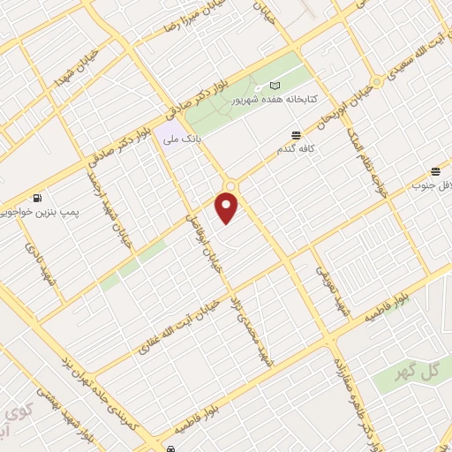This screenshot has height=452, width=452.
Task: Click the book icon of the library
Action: click(274, 86)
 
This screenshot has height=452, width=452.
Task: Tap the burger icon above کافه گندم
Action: click(296, 134)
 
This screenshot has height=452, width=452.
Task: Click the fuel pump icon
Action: click(36, 199)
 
